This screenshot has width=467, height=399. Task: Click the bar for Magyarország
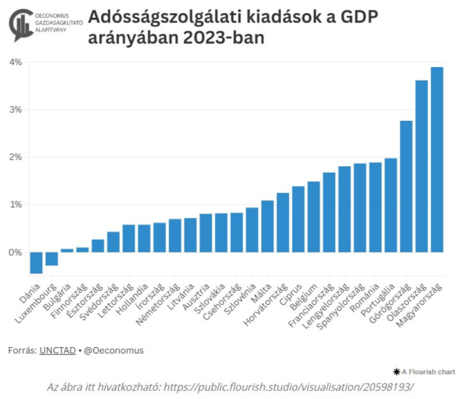437,160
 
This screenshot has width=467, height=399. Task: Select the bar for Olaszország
422,166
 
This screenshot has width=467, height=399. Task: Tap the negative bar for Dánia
36,262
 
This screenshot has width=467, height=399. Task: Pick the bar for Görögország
406,186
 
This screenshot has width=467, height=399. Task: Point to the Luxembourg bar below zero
51,258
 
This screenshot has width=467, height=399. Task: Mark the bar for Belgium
313,217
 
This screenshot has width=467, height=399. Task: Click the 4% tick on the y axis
15,62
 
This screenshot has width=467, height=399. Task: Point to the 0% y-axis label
15,252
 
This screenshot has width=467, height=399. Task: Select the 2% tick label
15,157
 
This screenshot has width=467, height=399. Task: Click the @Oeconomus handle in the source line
115,350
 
